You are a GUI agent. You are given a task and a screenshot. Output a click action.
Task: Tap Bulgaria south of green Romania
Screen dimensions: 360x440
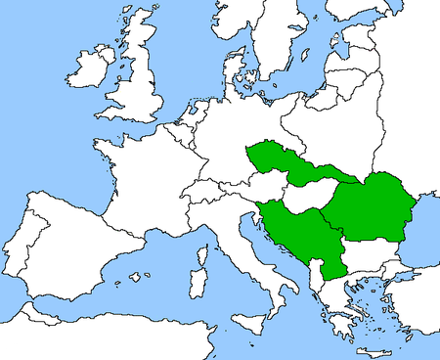point(367,256)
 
